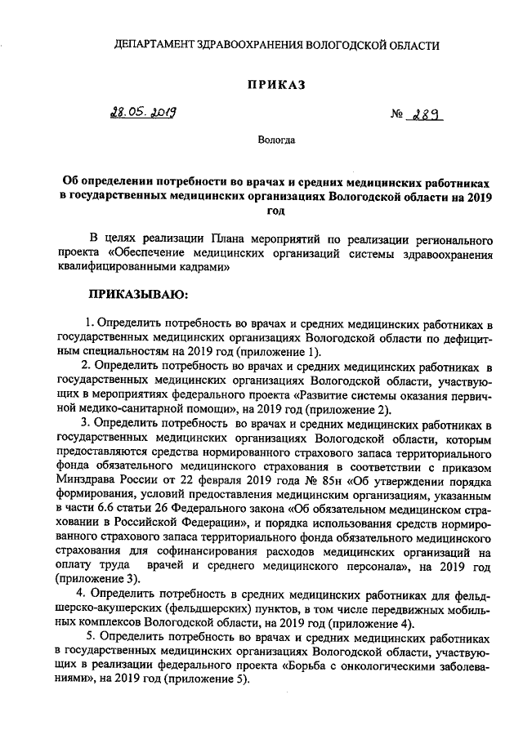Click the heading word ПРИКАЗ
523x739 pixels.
[277, 84]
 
